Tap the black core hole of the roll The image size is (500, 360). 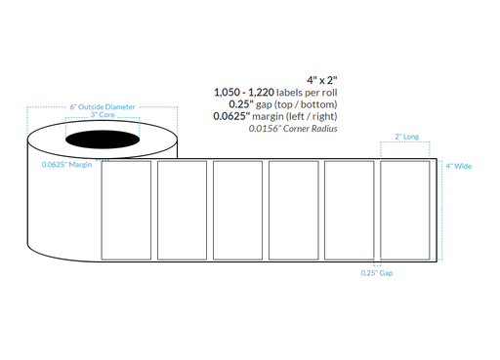point(101,144)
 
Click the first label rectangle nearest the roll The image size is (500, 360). point(125,211)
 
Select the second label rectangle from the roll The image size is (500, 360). point(181,211)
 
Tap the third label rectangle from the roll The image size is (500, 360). point(236,211)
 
